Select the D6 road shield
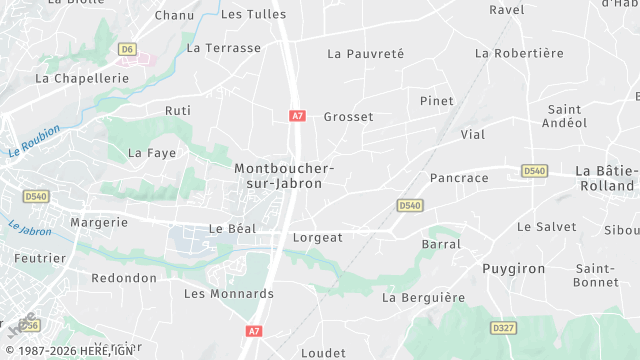126,48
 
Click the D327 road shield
504,327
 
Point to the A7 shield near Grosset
297,116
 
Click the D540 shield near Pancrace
409,205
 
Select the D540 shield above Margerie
36,197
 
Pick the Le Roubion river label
34,141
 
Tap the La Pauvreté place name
365,53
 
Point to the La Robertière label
520,53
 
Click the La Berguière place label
424,297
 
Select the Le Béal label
232,228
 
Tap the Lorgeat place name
317,238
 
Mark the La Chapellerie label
82,77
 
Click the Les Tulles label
253,14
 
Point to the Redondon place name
124,277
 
